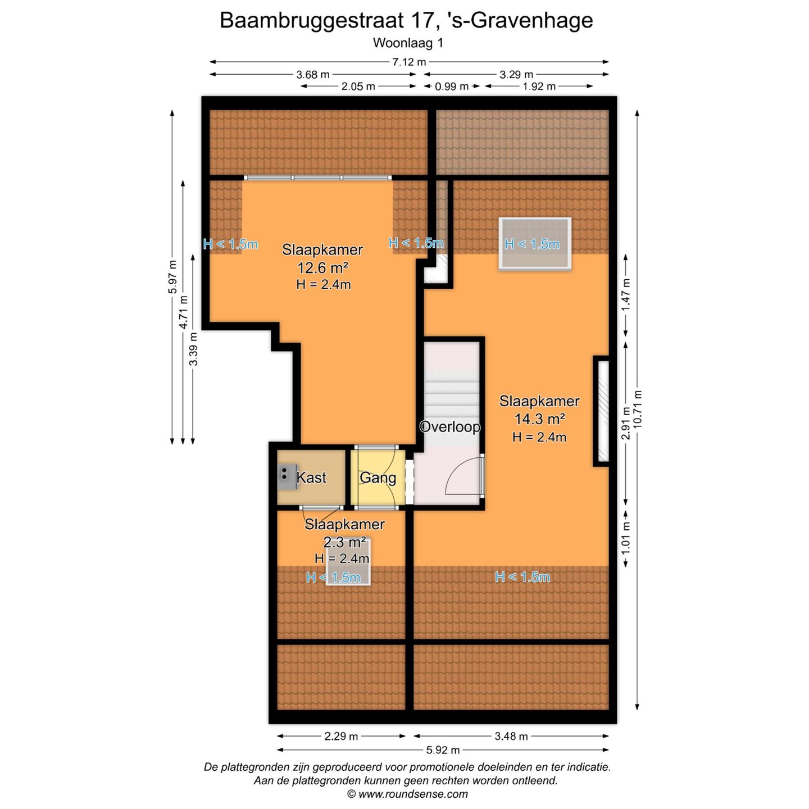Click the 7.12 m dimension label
[x=409, y=62]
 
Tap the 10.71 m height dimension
[x=637, y=408]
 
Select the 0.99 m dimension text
[x=452, y=87]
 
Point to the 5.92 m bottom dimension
[x=443, y=750]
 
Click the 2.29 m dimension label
[x=341, y=736]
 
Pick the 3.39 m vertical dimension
[x=193, y=349]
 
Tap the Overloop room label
[x=450, y=427]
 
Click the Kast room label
[x=311, y=478]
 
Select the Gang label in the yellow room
[x=378, y=478]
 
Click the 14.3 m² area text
[x=539, y=419]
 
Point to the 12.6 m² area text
[x=323, y=267]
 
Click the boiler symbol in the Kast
[x=287, y=476]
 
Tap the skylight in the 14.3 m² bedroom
[x=535, y=244]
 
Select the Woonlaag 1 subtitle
[x=408, y=43]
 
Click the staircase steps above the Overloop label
[x=452, y=388]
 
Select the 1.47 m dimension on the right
[x=626, y=294]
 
